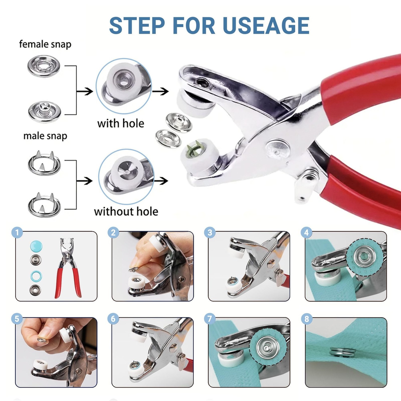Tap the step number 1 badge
pos(17,233)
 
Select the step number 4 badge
pos(306,233)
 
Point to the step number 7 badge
pos(210,319)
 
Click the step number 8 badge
pos(306,319)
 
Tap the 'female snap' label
pos(45,44)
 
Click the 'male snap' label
pos(45,136)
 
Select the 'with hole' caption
pos(121,123)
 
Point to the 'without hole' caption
pos(126,212)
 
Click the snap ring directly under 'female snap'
pos(44,67)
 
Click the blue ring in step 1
pos(36,276)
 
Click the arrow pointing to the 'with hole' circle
pos(85,91)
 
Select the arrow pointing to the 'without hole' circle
pos(84,180)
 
